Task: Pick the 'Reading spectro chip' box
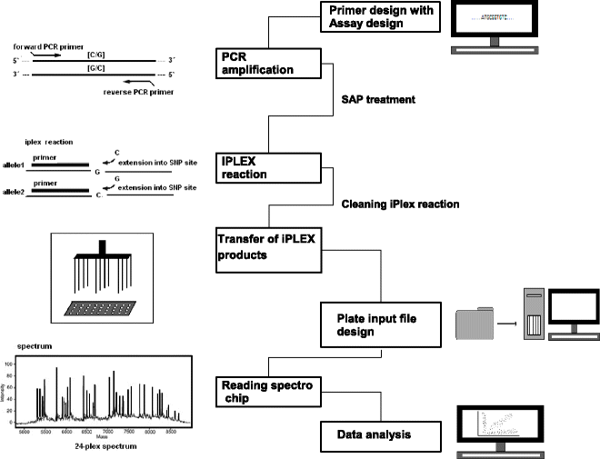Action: click(268, 392)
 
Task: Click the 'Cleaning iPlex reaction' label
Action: click(401, 205)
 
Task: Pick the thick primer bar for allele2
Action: click(62, 191)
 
